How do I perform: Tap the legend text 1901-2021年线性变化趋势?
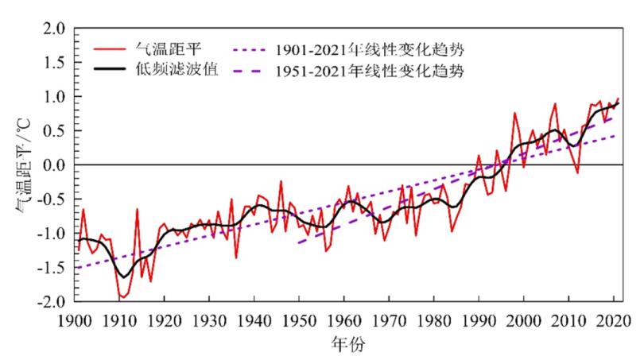coord(371,48)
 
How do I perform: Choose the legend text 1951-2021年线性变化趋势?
coord(371,71)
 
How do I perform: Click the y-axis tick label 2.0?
coord(53,29)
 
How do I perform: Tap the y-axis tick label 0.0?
coord(53,165)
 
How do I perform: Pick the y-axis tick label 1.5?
coord(53,63)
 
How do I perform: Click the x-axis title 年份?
coord(343,346)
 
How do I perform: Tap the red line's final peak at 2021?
coord(618,98)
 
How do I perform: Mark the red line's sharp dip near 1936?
coord(236,257)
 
